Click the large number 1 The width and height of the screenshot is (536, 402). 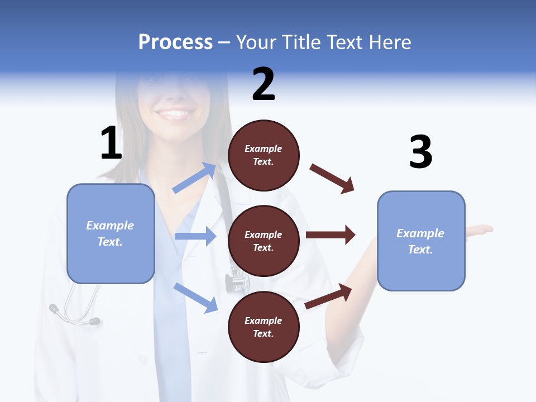click(111, 143)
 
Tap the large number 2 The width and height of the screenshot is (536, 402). click(264, 84)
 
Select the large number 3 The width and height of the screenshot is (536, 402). click(420, 152)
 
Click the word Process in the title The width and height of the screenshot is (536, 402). click(175, 42)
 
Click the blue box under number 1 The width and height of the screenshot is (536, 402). click(111, 233)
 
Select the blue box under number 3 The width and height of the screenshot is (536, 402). click(421, 241)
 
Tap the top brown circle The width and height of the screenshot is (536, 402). click(264, 155)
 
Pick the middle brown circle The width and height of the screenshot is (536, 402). click(264, 241)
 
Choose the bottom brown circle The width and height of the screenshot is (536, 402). click(264, 327)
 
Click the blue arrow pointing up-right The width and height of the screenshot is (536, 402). click(195, 178)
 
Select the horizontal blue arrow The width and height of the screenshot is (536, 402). click(195, 236)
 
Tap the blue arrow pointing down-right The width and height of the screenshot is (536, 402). click(195, 297)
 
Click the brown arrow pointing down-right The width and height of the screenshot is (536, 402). click(332, 178)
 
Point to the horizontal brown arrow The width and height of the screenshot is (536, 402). click(330, 235)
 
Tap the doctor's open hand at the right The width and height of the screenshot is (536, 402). click(479, 229)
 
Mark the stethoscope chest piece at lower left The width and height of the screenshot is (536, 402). click(54, 308)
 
